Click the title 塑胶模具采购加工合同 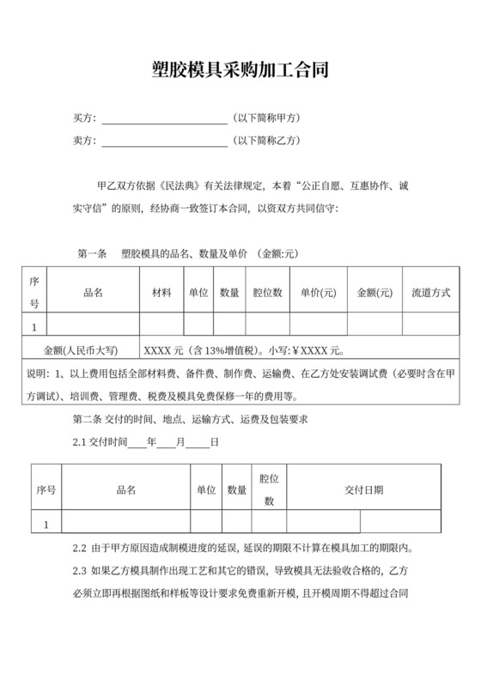coord(240,69)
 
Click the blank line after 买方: coord(164,118)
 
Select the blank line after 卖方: coord(164,141)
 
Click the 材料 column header coord(161,293)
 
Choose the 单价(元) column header coord(318,293)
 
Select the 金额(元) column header coord(374,293)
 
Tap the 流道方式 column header coord(431,293)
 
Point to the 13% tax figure coord(209,350)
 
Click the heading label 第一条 coord(92,254)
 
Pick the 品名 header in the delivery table coord(125,489)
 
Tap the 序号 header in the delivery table coord(46,489)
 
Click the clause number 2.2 coord(80,548)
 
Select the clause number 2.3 coord(80,571)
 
